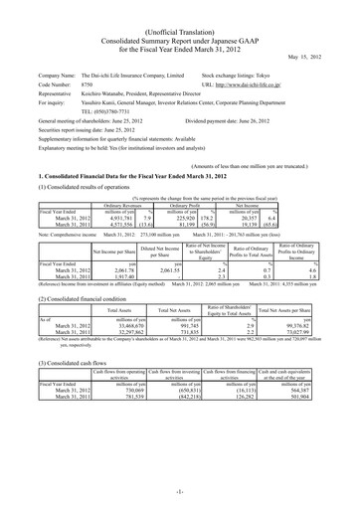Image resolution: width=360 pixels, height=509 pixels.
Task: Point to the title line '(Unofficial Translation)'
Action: pyautogui.click(x=179, y=10)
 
